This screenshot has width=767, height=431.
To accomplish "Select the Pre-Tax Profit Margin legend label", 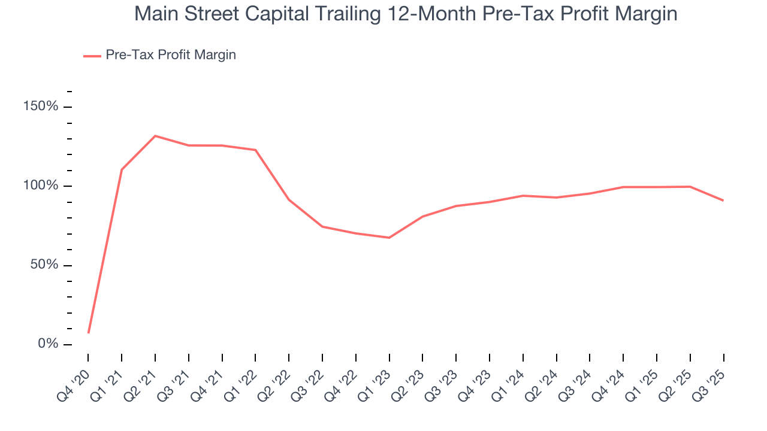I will pyautogui.click(x=170, y=55).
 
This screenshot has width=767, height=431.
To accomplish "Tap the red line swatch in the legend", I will pyautogui.click(x=92, y=56).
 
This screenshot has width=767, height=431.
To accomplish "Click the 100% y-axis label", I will pyautogui.click(x=41, y=186).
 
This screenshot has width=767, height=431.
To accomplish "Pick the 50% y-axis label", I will pyautogui.click(x=44, y=265).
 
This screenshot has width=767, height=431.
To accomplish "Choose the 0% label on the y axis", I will pyautogui.click(x=48, y=344).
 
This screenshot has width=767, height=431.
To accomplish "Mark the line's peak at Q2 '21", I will pyautogui.click(x=155, y=136).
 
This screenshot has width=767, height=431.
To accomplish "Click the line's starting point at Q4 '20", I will pyautogui.click(x=89, y=333).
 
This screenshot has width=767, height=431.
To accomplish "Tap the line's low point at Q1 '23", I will pyautogui.click(x=389, y=238).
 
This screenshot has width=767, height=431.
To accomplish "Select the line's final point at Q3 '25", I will pyautogui.click(x=723, y=201).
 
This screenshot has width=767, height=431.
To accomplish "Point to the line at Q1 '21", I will pyautogui.click(x=122, y=169).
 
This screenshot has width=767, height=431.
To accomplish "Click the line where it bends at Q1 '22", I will pyautogui.click(x=255, y=150).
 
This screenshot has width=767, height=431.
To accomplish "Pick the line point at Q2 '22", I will pyautogui.click(x=289, y=199).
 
